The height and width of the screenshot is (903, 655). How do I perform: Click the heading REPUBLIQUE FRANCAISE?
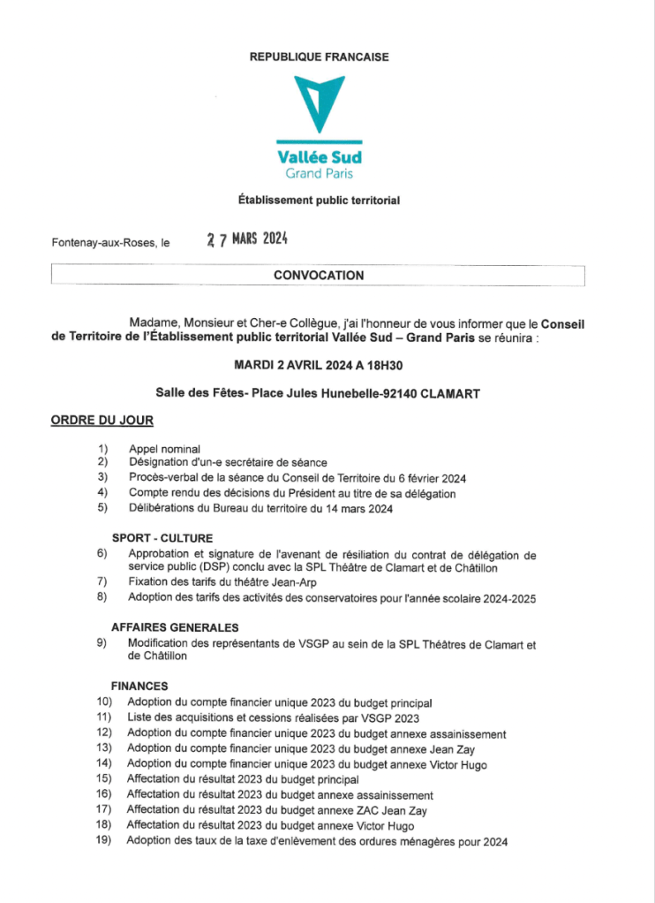(319, 57)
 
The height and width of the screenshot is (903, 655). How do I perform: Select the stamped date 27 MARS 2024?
(247, 239)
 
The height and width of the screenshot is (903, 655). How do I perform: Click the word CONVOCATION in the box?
(319, 276)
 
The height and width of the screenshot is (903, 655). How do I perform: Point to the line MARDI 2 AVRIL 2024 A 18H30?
(320, 364)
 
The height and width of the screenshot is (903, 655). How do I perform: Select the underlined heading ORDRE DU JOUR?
(102, 419)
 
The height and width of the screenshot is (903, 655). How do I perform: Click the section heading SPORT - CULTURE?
(162, 538)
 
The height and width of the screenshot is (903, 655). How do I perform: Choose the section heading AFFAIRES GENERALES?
(175, 627)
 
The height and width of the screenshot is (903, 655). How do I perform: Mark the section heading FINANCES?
(139, 686)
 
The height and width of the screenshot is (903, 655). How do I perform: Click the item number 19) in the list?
(104, 840)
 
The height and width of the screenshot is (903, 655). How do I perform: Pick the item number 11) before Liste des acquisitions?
(104, 717)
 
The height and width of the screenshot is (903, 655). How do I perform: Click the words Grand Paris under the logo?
(319, 173)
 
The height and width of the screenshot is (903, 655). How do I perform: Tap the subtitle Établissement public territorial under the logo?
(319, 201)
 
